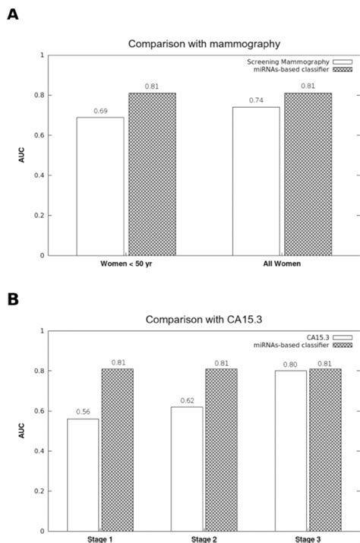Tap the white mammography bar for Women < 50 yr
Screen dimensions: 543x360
coord(99,186)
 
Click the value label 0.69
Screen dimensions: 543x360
coord(99,111)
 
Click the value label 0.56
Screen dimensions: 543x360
coord(82,412)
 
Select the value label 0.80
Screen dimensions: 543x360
coord(292,364)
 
